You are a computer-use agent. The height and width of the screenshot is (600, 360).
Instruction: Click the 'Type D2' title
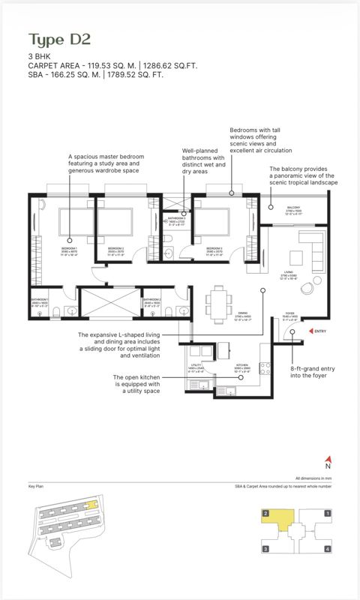(59, 39)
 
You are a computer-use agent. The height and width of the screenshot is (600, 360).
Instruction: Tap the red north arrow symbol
(327, 459)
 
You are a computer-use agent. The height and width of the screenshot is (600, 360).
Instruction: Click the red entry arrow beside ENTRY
(310, 331)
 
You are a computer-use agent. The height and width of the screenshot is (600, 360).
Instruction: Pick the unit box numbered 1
(328, 514)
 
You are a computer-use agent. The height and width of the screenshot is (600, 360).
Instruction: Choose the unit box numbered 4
(328, 549)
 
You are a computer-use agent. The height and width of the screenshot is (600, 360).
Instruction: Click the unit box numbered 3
(265, 549)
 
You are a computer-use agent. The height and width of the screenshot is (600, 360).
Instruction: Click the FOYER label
(290, 315)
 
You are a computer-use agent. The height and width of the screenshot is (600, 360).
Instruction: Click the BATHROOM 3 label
(176, 220)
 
